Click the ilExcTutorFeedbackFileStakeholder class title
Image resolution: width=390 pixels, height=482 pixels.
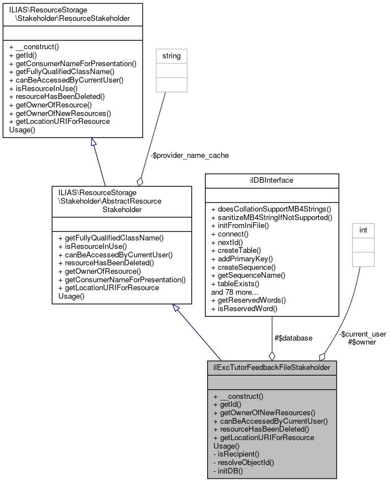point(272,367)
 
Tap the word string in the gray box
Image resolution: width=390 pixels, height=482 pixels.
point(171,55)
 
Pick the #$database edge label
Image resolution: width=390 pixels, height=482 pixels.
point(293,338)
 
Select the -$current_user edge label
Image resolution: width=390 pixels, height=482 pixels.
point(362,334)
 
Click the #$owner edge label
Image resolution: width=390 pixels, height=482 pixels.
point(362,342)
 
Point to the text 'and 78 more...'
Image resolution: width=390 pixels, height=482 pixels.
point(235,292)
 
